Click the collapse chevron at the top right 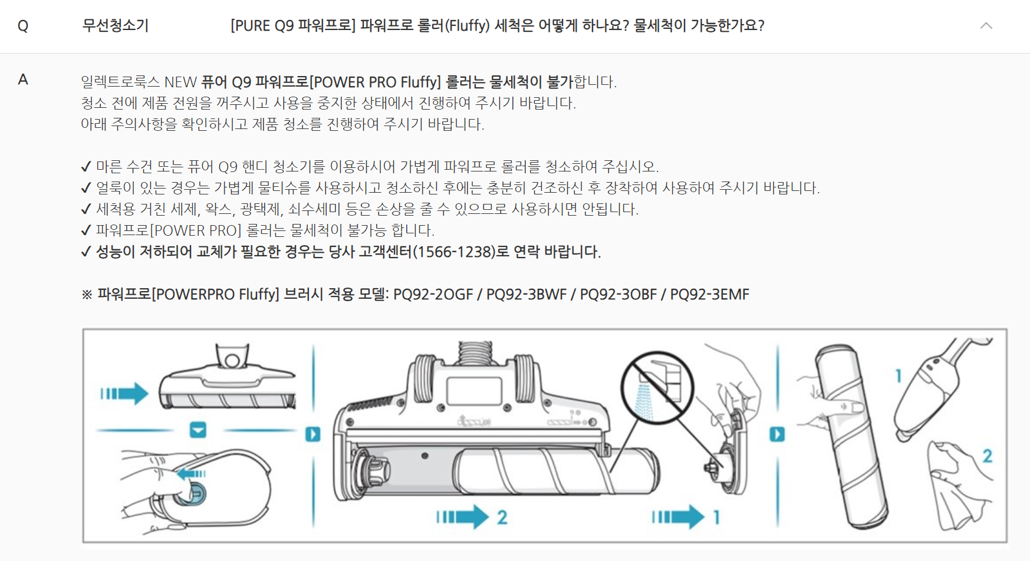click(986, 25)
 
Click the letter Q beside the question click(23, 26)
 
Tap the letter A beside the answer click(23, 80)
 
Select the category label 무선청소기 click(116, 25)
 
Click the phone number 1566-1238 click(453, 252)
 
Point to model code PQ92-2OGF click(433, 294)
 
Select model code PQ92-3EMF click(710, 294)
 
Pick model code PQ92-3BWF click(526, 294)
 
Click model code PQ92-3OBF click(618, 294)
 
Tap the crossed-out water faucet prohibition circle click(657, 388)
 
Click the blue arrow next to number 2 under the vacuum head click(463, 517)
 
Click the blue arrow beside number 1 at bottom click(678, 517)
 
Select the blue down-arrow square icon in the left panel click(198, 430)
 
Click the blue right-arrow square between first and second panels click(313, 434)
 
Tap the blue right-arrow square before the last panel click(777, 434)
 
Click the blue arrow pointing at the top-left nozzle click(124, 393)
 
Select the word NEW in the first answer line click(180, 82)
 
